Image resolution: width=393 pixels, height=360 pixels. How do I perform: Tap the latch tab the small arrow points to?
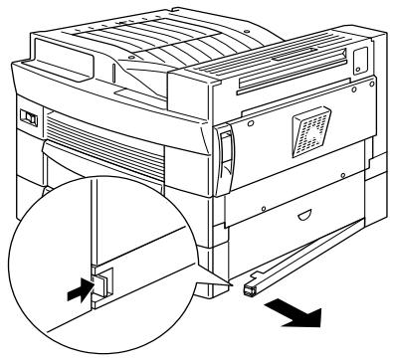(x=102, y=284)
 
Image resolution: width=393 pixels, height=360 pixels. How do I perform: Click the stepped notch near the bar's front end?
(x=261, y=276)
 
